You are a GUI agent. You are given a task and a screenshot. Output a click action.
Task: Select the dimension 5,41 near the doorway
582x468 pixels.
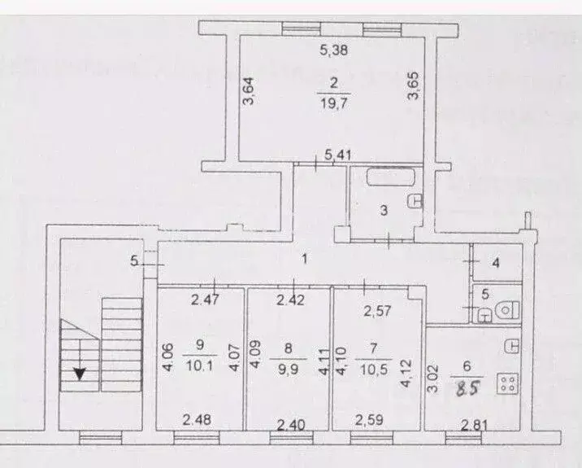click(x=337, y=153)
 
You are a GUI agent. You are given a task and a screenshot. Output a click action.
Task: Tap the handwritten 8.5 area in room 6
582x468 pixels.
click(x=464, y=388)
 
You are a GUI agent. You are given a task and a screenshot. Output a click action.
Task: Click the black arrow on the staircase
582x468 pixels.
click(x=80, y=374)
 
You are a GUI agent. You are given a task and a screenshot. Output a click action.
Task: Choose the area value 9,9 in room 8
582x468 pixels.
click(x=289, y=365)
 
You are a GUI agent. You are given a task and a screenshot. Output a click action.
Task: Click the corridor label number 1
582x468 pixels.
click(x=303, y=260)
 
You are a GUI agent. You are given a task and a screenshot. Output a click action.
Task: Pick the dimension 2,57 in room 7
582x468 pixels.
click(x=378, y=310)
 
